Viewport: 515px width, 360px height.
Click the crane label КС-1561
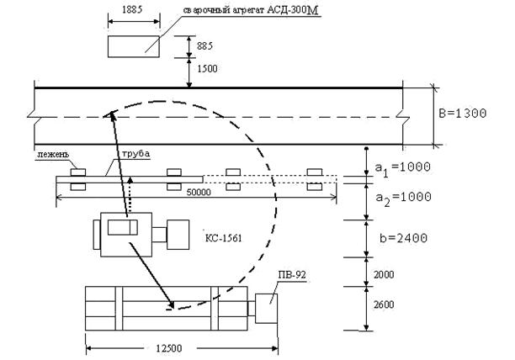(x=223, y=238)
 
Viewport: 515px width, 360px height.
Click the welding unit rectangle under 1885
(x=133, y=45)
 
